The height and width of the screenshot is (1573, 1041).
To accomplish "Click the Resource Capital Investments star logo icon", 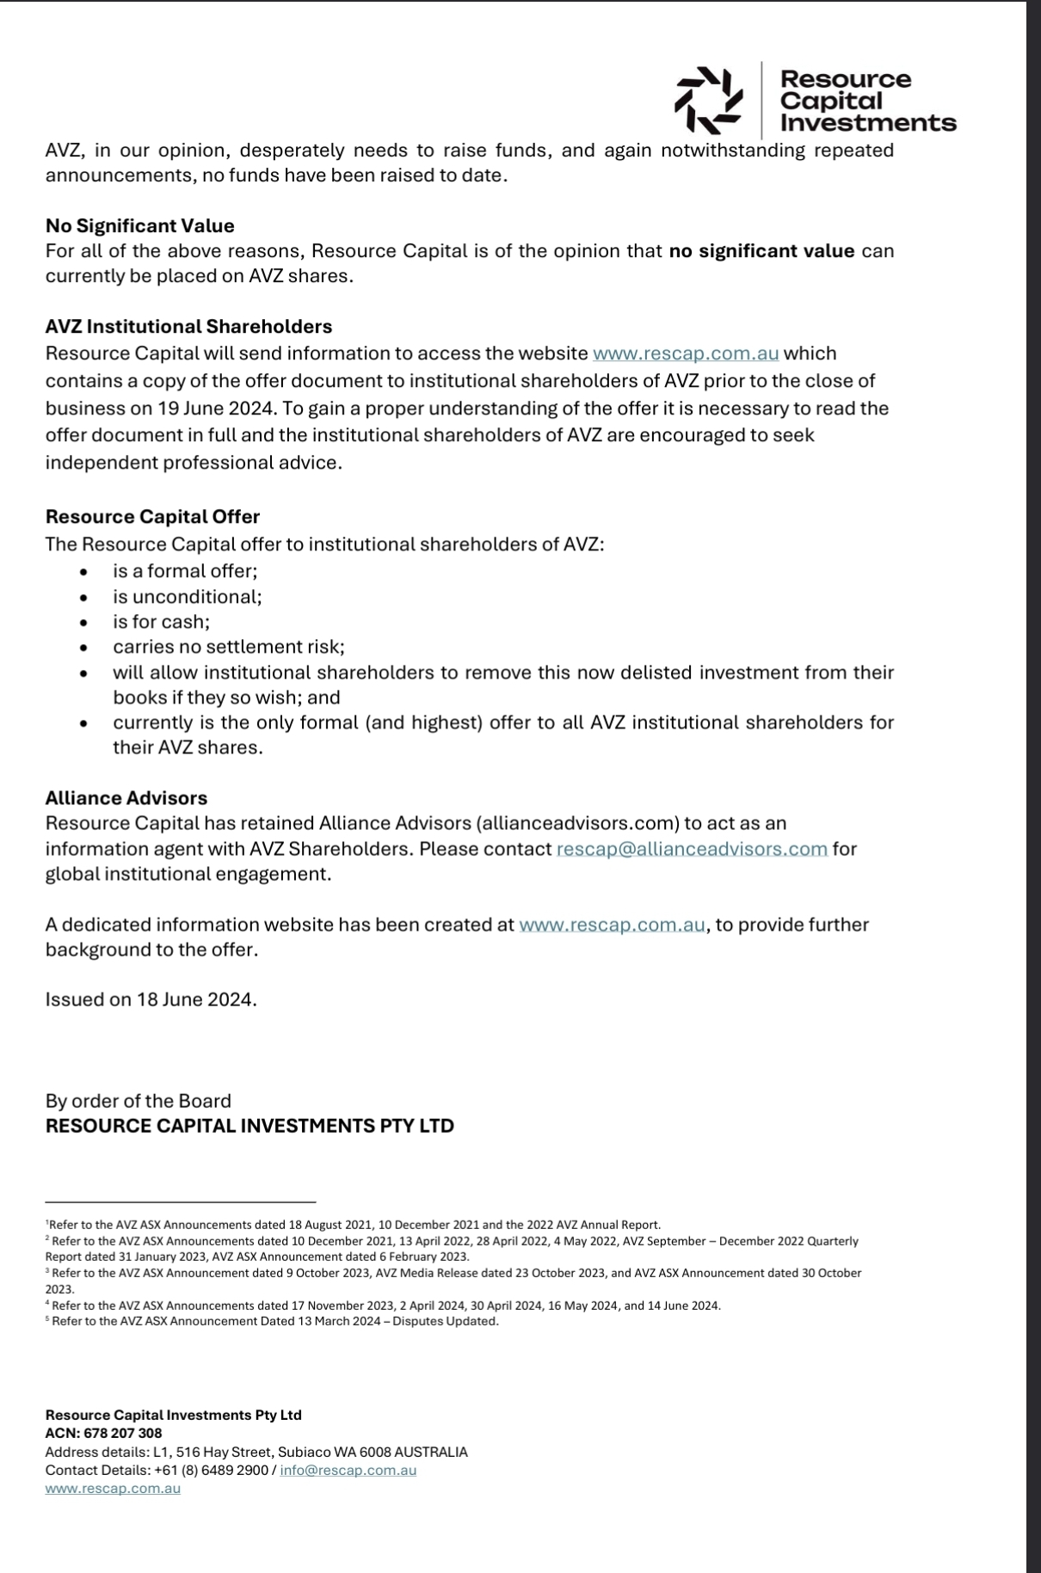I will pos(707,101).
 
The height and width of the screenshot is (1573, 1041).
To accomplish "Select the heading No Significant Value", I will pos(139,226).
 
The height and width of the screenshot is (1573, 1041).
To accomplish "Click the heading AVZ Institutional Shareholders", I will pos(188,327).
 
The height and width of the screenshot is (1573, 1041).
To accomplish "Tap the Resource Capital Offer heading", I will pos(152,517).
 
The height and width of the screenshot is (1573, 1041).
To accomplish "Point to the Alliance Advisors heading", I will pos(126,798).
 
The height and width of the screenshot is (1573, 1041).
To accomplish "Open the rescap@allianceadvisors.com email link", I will pos(692,849).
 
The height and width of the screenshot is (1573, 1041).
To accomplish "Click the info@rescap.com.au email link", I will pos(348,1470).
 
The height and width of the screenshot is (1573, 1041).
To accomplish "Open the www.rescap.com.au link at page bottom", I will pos(113,1488).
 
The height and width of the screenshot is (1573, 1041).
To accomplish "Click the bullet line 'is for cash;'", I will pos(161,622).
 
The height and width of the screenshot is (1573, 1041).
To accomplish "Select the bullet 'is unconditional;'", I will pos(187,597).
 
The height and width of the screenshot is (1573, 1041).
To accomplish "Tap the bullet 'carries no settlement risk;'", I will pos(228,647).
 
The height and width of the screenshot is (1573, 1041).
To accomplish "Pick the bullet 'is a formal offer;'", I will pos(185,571).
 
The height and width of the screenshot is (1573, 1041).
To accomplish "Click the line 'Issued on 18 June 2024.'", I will pos(151,999).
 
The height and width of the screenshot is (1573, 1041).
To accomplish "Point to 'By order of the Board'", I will pos(138,1101).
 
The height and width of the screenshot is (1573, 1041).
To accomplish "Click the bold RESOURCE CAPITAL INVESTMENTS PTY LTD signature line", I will pos(249,1126).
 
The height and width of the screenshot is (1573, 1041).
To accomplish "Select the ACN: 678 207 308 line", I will pos(103,1433).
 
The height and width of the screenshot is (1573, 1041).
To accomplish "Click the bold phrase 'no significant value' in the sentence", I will pos(761,251).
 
